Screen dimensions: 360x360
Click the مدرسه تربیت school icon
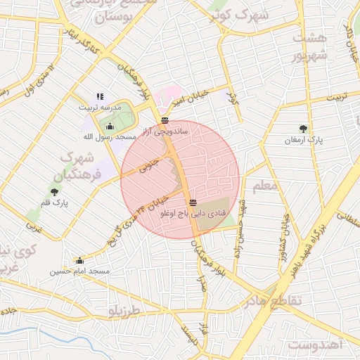100,96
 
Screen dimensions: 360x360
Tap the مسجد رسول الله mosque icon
110,127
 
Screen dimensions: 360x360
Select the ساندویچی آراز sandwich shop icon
165,120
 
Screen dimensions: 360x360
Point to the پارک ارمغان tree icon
303,129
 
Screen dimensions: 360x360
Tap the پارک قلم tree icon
54,191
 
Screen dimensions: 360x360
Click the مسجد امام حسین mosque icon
79,260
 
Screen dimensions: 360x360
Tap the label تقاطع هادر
271,301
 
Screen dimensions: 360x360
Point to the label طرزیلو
124,310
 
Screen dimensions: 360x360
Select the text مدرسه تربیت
100,107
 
